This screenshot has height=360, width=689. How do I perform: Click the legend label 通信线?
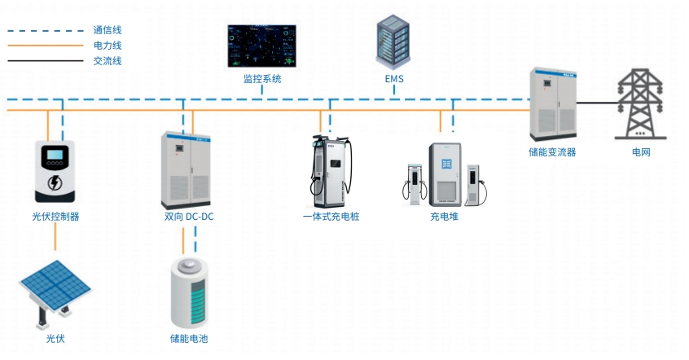point(108,30)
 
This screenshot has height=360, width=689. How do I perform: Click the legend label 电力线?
point(108,46)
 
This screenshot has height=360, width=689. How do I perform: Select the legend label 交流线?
point(108,61)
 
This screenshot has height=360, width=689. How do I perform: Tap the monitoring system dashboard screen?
point(262,46)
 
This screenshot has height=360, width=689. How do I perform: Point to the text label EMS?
point(394,80)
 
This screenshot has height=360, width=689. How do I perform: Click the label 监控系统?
point(262,80)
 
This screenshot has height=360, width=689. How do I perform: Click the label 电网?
point(641,152)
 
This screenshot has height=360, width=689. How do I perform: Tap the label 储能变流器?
point(552,152)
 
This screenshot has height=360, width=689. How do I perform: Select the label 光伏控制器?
point(55,217)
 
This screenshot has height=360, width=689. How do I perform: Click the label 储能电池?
point(189,338)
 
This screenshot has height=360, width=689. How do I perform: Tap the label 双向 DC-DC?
point(189,217)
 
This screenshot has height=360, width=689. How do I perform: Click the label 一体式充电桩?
point(331,217)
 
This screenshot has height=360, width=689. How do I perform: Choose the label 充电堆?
point(445,217)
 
